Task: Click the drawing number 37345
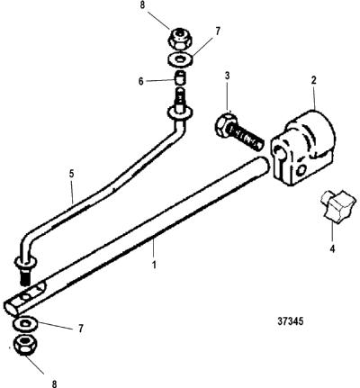coord(290,321)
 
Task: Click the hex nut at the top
coord(180,38)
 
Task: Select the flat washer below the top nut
coord(180,59)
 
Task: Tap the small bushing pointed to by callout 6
coord(179,78)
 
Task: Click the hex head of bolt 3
coord(223,124)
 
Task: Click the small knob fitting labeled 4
coord(338,208)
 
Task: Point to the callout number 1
coord(154,265)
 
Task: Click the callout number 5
coord(71,175)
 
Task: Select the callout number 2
coord(314,81)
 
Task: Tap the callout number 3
coord(228,76)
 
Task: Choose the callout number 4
coord(332,248)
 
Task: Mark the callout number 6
coord(140,82)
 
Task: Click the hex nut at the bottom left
coord(25,346)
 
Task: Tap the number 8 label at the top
coord(142,6)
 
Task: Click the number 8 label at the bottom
coord(54,383)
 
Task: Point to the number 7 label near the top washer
coord(218,31)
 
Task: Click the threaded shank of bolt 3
coord(246,136)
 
